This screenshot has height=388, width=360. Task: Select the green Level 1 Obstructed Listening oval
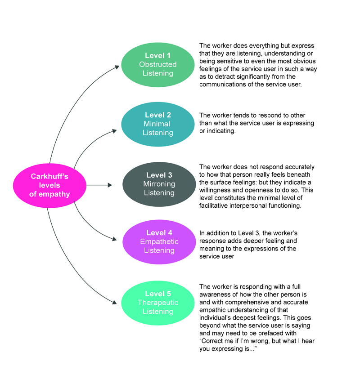[157, 64]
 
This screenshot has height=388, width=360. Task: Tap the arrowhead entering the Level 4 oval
[117, 240]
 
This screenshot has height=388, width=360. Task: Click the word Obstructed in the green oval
[157, 65]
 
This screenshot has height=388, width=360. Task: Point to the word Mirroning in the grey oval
[159, 184]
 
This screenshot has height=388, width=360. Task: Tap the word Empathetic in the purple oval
[159, 242]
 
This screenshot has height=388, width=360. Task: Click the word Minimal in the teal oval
[157, 124]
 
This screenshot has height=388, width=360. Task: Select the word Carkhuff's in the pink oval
[50, 176]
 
